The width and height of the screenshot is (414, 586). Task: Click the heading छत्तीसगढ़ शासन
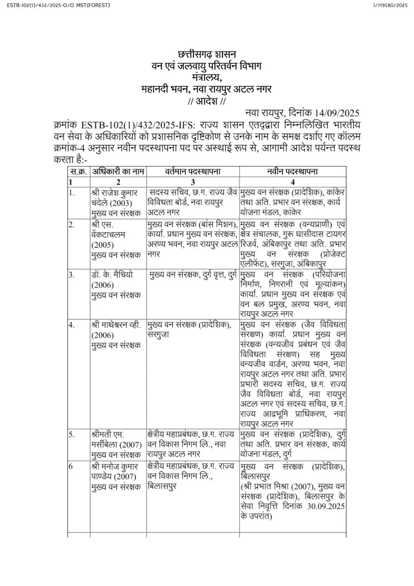click(x=207, y=55)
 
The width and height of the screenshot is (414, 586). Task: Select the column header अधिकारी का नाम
click(x=118, y=171)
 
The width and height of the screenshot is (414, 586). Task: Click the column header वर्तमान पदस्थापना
click(x=193, y=171)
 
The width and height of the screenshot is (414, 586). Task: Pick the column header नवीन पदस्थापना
click(x=292, y=171)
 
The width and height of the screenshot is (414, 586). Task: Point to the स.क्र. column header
click(x=78, y=171)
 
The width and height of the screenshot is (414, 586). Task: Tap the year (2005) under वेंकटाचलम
click(x=103, y=245)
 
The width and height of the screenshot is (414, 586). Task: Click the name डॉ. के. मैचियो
click(x=112, y=275)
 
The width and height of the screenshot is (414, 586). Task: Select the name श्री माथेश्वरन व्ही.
click(x=116, y=325)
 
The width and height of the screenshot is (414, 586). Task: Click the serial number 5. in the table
click(x=72, y=435)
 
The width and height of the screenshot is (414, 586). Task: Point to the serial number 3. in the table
click(x=72, y=275)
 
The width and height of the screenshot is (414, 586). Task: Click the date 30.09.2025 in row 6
click(x=325, y=507)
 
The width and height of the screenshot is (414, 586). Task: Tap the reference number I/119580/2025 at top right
click(x=390, y=5)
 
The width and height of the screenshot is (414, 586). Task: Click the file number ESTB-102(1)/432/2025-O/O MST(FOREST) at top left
click(x=58, y=5)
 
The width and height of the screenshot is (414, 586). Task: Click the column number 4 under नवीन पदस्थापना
click(x=292, y=182)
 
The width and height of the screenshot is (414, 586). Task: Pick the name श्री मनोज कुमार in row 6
click(x=115, y=467)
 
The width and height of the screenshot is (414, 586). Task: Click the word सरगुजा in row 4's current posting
click(x=158, y=335)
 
